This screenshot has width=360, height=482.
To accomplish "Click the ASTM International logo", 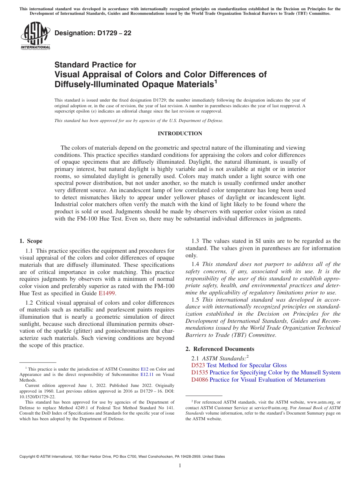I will tap(35, 36).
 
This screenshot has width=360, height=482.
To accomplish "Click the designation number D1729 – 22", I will tap(93, 33).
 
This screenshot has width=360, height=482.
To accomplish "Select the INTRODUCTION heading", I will tap(180, 133).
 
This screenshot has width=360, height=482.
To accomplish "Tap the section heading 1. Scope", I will tap(31, 241).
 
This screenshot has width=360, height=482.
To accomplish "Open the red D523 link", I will tap(198, 365).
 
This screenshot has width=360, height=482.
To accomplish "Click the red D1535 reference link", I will tap(200, 372).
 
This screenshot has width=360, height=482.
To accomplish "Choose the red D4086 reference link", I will tap(200, 380).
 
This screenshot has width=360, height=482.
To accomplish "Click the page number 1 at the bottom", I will tap(180, 465).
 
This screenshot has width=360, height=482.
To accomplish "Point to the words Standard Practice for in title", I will tap(95, 65).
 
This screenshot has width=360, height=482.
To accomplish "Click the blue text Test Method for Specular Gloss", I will tap(246, 365).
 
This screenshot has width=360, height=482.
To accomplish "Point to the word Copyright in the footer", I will tap(28, 457).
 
